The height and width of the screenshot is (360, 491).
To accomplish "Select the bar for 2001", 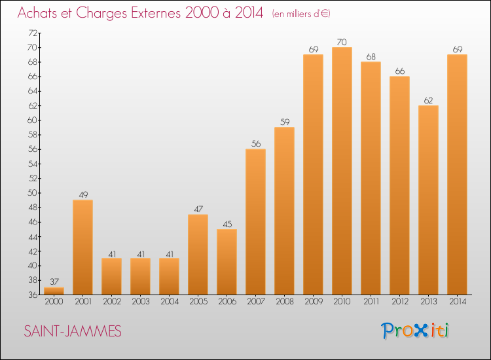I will pos(82,247).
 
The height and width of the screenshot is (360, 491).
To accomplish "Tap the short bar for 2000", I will pos(54,291).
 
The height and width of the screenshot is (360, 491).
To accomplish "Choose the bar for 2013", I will pos(428,200).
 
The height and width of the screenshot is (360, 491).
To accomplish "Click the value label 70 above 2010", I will pos(342,42).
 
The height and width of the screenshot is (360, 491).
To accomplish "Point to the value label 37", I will pos(54,282).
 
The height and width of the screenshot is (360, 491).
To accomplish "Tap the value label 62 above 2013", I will pos(428,100).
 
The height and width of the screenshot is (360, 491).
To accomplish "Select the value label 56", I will pos(255,144).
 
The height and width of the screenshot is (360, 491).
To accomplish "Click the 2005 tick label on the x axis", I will pos(198,302).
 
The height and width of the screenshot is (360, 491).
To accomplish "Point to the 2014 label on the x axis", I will pos(457,302).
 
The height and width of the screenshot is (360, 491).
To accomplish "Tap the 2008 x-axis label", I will pos(284,302).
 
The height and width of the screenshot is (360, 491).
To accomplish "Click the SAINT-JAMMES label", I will pos(72,332).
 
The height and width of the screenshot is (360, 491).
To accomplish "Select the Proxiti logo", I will pos(416,331).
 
